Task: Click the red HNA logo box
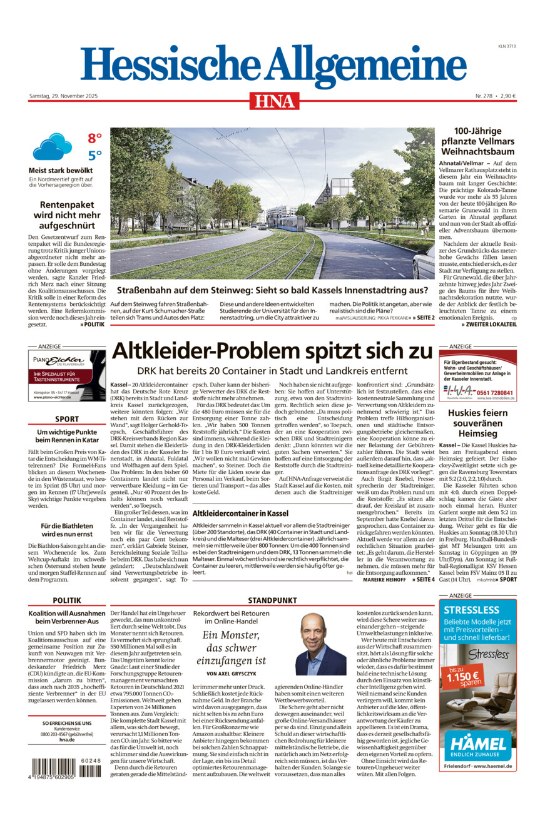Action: pyautogui.click(x=275, y=101)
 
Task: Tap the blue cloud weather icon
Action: pyautogui.click(x=53, y=148)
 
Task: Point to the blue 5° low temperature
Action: pyautogui.click(x=94, y=156)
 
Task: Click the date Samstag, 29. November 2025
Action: pyautogui.click(x=68, y=96)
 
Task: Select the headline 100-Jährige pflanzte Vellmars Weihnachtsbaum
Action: pyautogui.click(x=477, y=141)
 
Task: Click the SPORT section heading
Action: pyautogui.click(x=67, y=419)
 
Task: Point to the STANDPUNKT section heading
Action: pyautogui.click(x=272, y=600)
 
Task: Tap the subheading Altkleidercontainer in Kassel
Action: pyautogui.click(x=232, y=513)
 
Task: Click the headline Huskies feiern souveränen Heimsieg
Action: pyautogui.click(x=477, y=423)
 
